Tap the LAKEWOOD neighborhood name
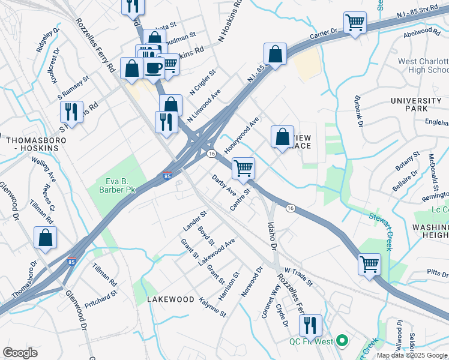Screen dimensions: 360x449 click(171, 299)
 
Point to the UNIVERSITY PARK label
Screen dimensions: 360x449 click(417, 104)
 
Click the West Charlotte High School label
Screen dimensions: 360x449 click(423, 66)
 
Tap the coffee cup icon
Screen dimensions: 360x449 click(154, 67)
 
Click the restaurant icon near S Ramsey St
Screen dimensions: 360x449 click(71, 112)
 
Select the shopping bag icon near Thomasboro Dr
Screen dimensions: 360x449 click(45, 238)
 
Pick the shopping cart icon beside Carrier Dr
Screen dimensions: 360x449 click(355, 23)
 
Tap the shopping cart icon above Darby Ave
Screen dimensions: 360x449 click(243, 167)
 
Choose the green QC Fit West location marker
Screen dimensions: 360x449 click(343, 341)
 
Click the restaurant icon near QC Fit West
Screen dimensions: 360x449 click(310, 325)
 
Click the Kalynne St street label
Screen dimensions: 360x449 click(212, 306)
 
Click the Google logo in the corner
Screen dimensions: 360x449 click(20, 353)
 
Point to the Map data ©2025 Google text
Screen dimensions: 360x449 click(411, 355)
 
